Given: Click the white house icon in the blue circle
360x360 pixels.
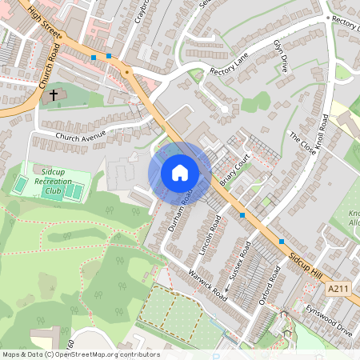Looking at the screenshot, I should click(180, 173).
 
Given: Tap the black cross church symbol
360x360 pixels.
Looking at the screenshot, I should click(54, 95).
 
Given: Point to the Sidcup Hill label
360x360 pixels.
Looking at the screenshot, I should click(307, 268).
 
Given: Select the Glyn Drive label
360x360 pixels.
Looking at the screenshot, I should click(281, 56).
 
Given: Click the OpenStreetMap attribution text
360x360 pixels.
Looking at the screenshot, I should click(80, 354).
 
